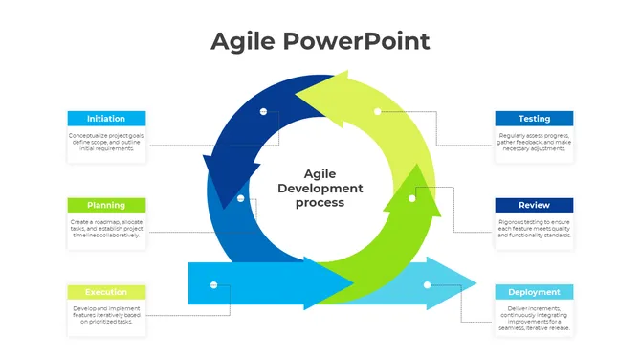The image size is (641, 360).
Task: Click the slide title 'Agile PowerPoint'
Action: [x=320, y=41]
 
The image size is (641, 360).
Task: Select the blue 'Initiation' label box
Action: [x=106, y=119]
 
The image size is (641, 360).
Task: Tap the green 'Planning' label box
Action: [x=106, y=205]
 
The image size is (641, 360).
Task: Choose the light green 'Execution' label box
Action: [x=106, y=292]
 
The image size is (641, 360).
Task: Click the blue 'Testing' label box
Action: [x=534, y=119]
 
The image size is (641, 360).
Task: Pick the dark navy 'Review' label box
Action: [x=534, y=205]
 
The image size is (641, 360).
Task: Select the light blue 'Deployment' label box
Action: [x=534, y=292]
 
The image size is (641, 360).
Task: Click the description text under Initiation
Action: [x=106, y=143]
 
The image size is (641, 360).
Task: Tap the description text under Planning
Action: [x=106, y=229]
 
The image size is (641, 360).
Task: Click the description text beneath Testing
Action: [x=534, y=143]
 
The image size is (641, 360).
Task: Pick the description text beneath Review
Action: [x=534, y=229]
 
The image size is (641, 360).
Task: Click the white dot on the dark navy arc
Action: [x=263, y=112]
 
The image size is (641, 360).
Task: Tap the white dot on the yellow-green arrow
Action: [x=378, y=111]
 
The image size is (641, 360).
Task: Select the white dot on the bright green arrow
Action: [x=412, y=199]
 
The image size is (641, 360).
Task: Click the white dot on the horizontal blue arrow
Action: [x=213, y=284]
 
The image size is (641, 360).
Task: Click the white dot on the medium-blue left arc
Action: [x=241, y=199]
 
